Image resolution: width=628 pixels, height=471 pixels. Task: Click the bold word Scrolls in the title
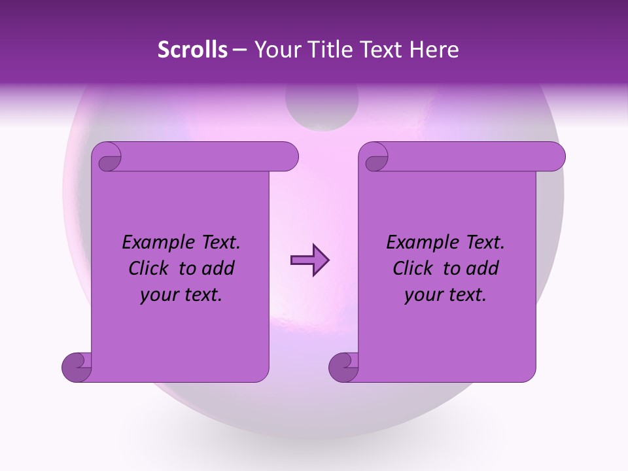click(x=192, y=50)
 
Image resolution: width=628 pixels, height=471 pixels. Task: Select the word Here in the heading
click(x=434, y=50)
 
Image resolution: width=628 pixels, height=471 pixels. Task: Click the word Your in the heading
click(x=274, y=50)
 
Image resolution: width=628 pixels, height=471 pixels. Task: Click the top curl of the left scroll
click(x=109, y=157)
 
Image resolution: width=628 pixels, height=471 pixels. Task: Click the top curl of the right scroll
click(x=375, y=157)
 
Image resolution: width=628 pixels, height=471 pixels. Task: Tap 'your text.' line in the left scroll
click(x=181, y=295)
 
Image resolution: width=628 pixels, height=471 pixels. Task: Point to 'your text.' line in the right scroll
click(x=445, y=295)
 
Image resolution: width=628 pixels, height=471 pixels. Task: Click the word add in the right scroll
click(x=484, y=269)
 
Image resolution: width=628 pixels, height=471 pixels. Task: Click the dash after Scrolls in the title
click(x=239, y=50)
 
